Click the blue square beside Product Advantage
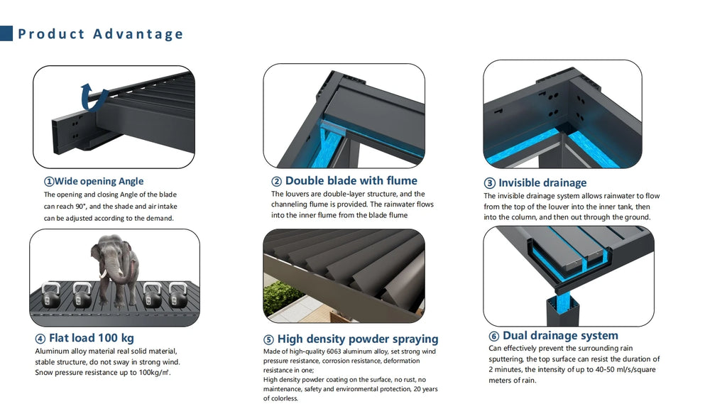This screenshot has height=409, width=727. [x=6, y=33]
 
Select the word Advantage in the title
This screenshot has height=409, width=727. [x=138, y=34]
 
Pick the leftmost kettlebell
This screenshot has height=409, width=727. [x=50, y=295]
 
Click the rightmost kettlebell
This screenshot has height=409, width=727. [x=178, y=295]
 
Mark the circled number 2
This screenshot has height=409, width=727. [x=276, y=181]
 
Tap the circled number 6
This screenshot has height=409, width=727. [x=494, y=336]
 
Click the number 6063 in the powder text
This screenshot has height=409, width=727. [x=334, y=351]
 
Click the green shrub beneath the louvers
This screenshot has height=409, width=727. [x=278, y=297]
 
